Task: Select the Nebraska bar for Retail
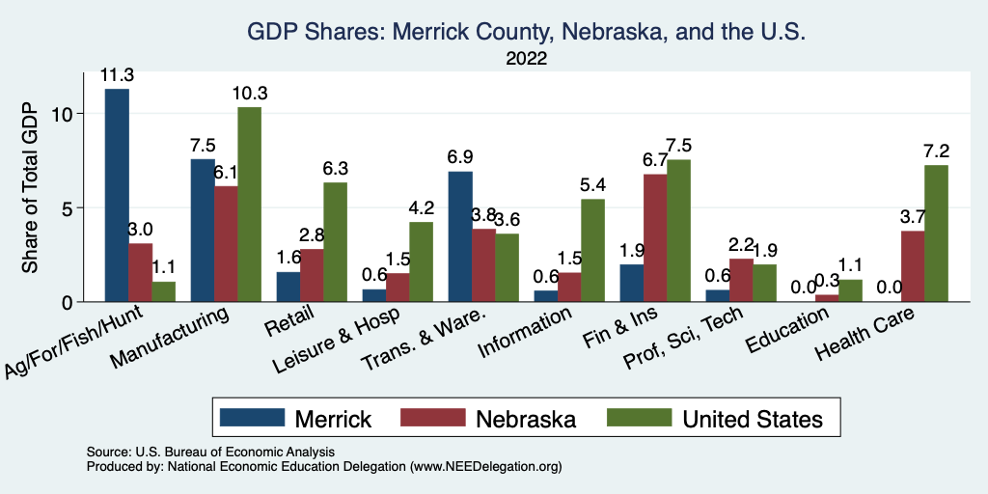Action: (312, 275)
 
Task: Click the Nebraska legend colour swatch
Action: (444, 418)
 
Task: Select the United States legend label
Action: (753, 419)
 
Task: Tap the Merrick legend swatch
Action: (253, 418)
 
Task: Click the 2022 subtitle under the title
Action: (526, 59)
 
